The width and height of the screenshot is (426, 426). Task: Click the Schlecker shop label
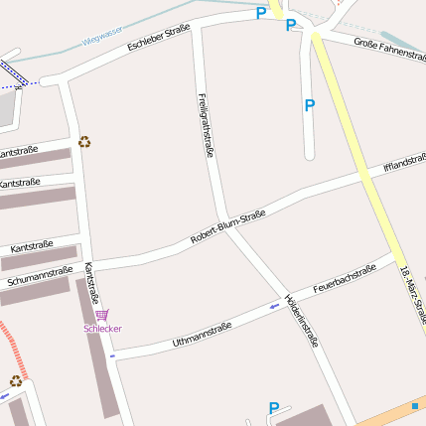102,328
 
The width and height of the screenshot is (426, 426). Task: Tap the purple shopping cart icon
102,315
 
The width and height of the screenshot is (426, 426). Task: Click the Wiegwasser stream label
102,39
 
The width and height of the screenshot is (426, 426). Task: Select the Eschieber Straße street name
159,39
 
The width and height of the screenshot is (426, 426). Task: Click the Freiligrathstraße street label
206,124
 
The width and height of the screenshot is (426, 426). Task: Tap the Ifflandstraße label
404,162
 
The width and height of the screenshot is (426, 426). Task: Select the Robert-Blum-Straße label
228,226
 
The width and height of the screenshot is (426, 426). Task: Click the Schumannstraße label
40,276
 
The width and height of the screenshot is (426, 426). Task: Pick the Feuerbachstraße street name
345,278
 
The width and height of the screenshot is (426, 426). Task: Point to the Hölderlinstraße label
301,319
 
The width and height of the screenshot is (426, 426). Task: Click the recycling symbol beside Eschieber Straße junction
84,142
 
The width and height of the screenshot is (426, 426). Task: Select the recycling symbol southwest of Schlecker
15,380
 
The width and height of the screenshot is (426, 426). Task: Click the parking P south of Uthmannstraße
274,407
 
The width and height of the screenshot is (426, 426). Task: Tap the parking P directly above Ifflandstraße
309,104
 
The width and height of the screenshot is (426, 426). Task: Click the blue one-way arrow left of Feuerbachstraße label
275,306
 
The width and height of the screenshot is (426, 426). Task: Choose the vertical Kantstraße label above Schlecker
91,283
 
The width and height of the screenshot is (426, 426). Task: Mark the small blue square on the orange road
414,405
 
